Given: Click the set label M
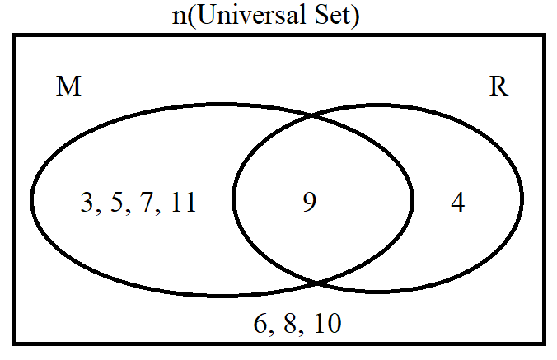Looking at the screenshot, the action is (x=69, y=86).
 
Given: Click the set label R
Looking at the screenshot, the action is (x=498, y=86).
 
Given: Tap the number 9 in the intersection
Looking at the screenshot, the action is (x=310, y=202).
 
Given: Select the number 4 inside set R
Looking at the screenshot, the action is (x=457, y=203).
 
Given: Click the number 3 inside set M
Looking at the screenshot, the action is (x=87, y=202).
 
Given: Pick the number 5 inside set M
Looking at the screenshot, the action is (x=117, y=202).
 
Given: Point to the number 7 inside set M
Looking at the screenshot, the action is (x=147, y=202).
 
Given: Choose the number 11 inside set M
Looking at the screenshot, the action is (x=183, y=202).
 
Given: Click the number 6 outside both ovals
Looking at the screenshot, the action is (x=260, y=324).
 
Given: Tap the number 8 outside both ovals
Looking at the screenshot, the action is (x=291, y=324).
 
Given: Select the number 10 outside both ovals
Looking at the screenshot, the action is (x=328, y=324).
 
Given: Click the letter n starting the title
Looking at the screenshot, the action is (x=180, y=18).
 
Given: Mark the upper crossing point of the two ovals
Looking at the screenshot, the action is (x=311, y=115).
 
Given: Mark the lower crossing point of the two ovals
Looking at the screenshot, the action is (x=317, y=283).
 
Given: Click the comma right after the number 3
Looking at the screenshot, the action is (x=98, y=211).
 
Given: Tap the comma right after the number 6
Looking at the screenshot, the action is (x=271, y=333).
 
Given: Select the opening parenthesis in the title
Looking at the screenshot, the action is (x=192, y=16).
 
